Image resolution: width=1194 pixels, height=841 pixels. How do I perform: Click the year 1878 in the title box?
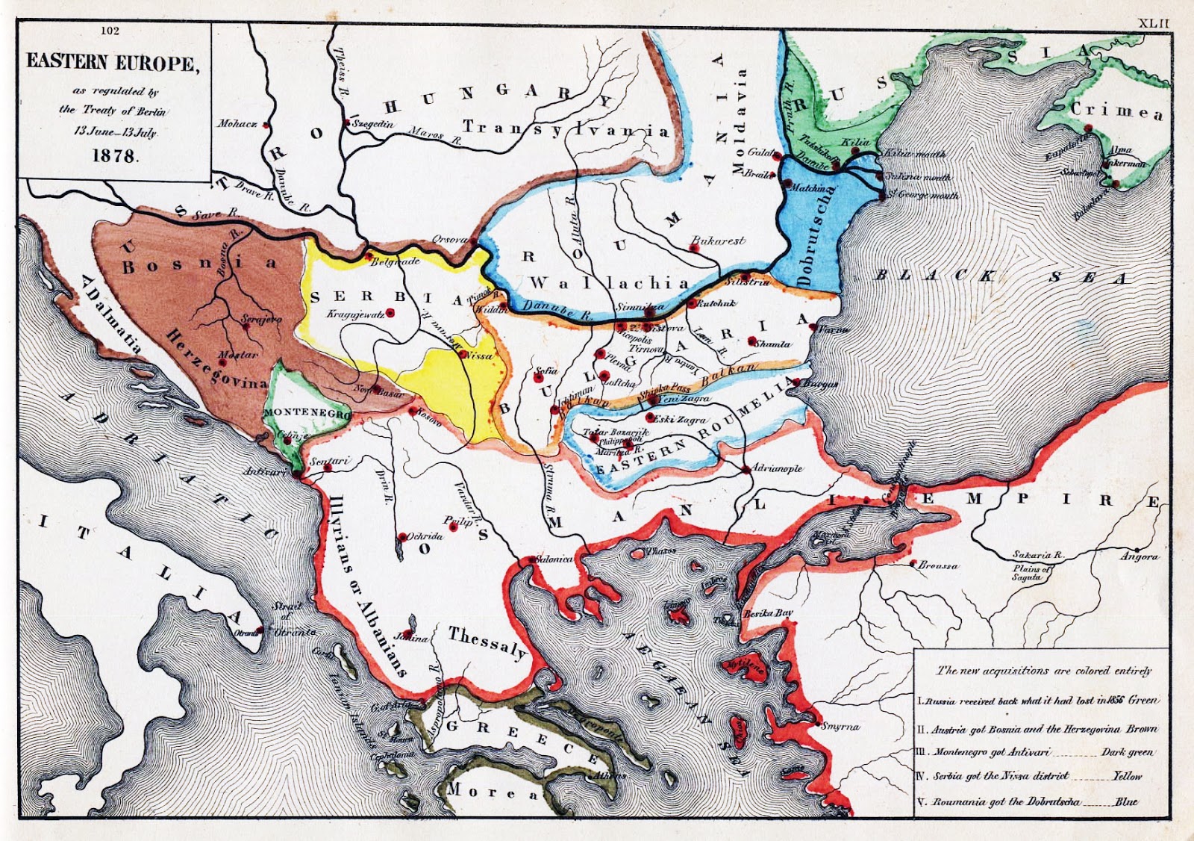114,156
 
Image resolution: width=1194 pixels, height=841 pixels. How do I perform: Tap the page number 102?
109,31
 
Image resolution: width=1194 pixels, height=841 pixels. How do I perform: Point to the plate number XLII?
1154,22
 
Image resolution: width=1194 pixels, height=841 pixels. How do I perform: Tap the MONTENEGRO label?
307,412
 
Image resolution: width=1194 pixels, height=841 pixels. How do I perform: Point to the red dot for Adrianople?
746,470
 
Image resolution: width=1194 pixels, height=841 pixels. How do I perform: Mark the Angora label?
1140,556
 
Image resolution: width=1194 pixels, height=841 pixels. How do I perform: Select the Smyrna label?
840,726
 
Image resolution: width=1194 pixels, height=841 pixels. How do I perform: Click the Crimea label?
1116,111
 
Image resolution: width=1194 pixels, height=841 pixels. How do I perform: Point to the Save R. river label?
208,214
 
